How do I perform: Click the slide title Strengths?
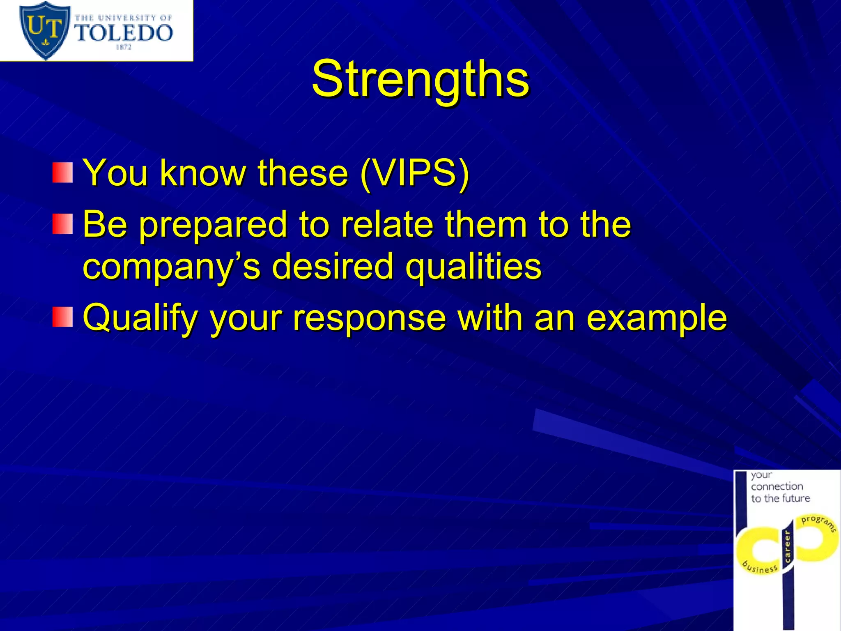(420, 79)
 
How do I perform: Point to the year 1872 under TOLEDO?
(124, 47)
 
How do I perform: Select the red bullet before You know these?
(62, 173)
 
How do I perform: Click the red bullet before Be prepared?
(62, 224)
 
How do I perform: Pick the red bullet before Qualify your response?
(62, 317)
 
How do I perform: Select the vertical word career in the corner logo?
(787, 546)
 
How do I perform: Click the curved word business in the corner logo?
(760, 567)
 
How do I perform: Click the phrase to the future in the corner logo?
(780, 498)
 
